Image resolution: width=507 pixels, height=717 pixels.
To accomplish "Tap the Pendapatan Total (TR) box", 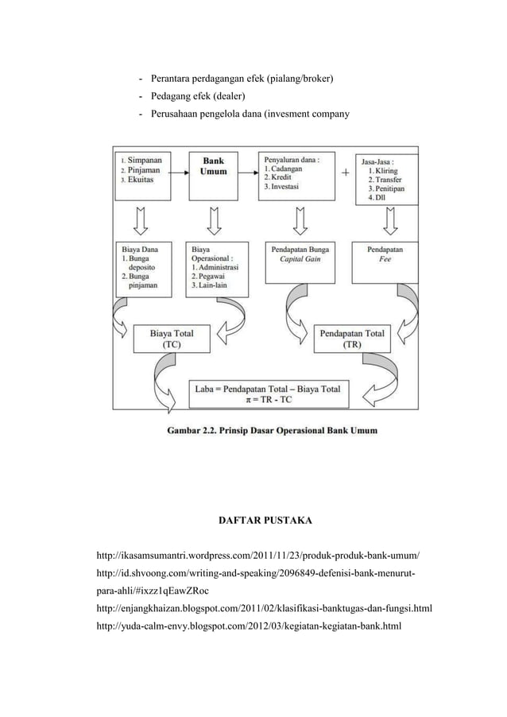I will tap(350, 339).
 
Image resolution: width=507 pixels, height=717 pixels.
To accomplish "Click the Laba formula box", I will tap(267, 395).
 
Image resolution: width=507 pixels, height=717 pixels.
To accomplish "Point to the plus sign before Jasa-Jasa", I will tap(346, 172).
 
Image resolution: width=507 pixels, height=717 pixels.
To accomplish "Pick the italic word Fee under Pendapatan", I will tap(384, 259).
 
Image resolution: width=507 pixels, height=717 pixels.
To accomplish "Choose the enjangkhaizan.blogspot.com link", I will tap(263, 609).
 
